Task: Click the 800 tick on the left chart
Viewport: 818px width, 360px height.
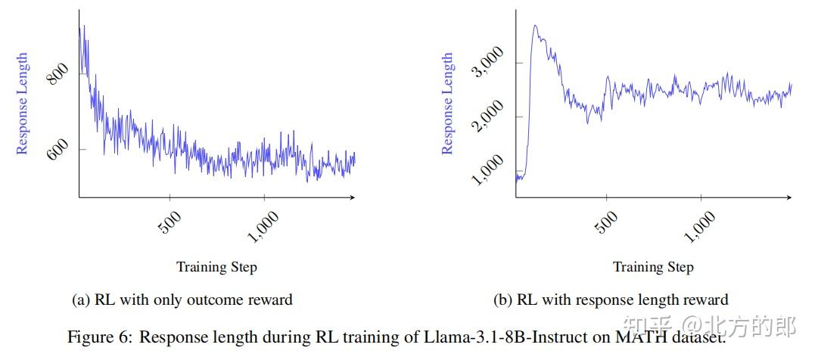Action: (59, 73)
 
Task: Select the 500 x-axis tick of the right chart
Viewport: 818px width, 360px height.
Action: (606, 222)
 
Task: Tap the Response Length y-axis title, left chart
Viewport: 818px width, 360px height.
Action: (23, 104)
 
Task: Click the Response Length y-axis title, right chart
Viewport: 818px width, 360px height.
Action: (448, 104)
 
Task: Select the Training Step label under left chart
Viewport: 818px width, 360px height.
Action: (216, 267)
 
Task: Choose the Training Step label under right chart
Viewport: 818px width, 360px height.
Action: (653, 267)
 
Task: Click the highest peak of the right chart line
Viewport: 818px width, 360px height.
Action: (535, 26)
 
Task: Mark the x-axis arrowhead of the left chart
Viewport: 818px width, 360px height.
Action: (353, 197)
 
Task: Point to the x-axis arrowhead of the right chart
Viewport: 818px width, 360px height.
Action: (789, 197)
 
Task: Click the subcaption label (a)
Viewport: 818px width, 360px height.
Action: (81, 300)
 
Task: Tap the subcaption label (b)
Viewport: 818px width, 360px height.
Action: (503, 300)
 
